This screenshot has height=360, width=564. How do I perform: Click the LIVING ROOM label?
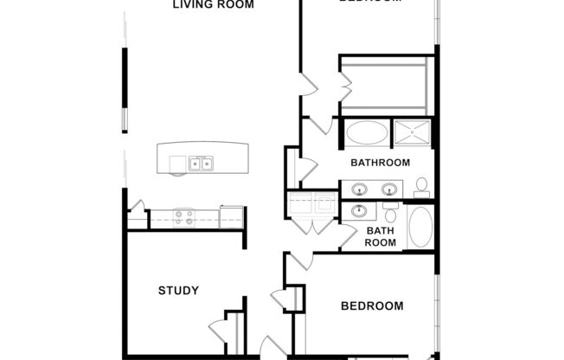(214, 4)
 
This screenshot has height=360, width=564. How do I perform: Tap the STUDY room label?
(179, 291)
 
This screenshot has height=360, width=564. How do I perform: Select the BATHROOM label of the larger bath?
(380, 163)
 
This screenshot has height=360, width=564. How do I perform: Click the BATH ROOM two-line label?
(381, 236)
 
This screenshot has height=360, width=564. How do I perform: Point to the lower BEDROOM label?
(372, 305)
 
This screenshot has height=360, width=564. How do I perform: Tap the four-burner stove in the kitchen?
(183, 217)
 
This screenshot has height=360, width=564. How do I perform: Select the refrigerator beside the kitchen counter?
(232, 216)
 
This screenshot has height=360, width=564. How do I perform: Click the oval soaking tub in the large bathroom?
(368, 133)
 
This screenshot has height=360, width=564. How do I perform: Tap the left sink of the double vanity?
(359, 189)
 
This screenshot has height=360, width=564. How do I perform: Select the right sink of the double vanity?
(390, 189)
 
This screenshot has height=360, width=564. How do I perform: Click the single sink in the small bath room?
(357, 211)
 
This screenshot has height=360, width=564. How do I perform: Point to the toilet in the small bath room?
(391, 214)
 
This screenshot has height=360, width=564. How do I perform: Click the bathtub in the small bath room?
(420, 228)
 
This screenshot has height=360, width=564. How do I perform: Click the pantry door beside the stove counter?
(136, 209)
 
